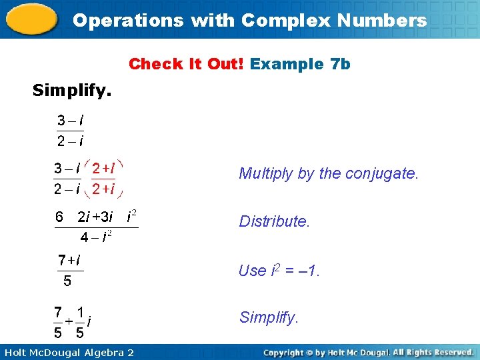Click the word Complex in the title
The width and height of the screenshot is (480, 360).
279,20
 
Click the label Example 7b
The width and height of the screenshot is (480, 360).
300,64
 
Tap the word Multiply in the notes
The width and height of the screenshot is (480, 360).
265,174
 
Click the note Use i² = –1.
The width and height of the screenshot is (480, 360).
279,271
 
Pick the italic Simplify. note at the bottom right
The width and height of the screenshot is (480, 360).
268,317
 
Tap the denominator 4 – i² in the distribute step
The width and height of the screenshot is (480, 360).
95,237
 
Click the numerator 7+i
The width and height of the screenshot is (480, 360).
69,259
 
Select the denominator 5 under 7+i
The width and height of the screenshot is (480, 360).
67,281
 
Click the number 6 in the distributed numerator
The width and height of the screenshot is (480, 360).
59,216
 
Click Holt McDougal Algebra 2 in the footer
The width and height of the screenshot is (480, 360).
67,352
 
